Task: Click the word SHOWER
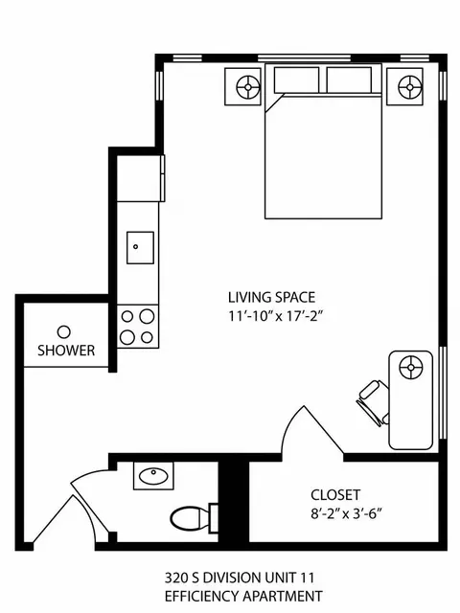[x=66, y=351]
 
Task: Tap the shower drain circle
[x=64, y=332]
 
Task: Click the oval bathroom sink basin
[x=153, y=475]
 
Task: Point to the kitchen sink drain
[x=136, y=247]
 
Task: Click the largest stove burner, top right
[x=147, y=316]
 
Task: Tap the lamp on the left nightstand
[x=248, y=87]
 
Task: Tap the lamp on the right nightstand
[x=410, y=87]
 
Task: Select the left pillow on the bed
[x=296, y=79]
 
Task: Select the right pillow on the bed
[x=349, y=79]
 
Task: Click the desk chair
[x=373, y=402]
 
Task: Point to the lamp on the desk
[x=411, y=368]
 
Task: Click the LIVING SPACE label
[x=271, y=298]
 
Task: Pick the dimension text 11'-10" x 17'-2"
[x=277, y=315]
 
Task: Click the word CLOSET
[x=335, y=495]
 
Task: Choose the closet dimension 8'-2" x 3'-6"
[x=346, y=513]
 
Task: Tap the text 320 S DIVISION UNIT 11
[x=240, y=578]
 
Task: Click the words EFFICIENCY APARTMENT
[x=243, y=596]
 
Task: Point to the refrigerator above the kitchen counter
[x=139, y=178]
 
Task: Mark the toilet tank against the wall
[x=214, y=518]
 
